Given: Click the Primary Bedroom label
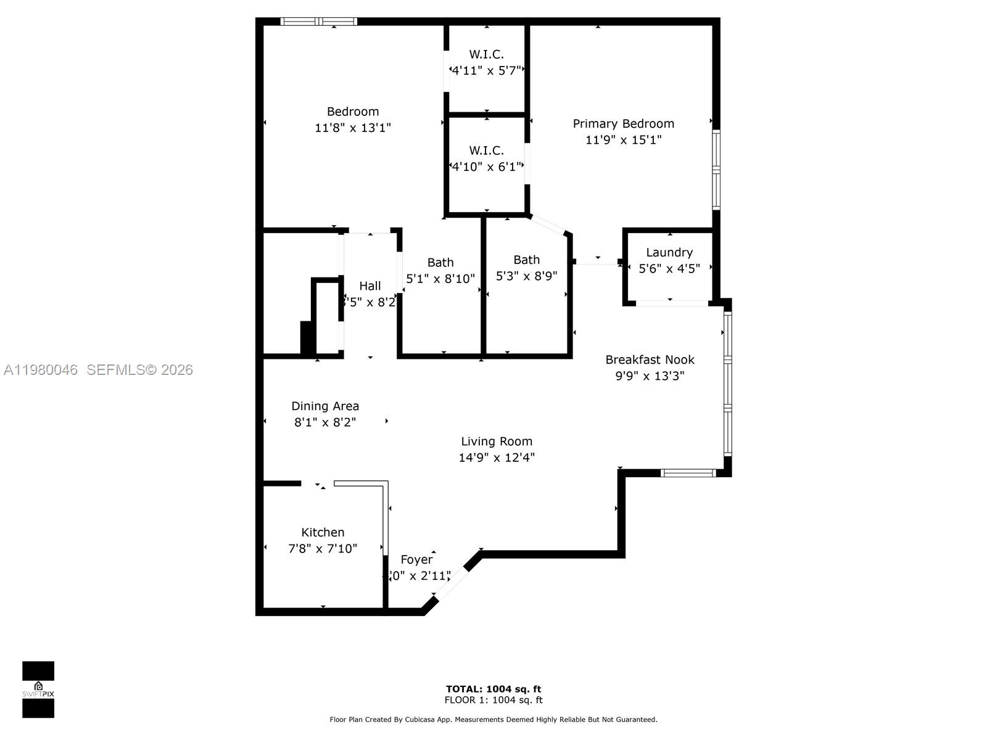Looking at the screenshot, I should [623, 123].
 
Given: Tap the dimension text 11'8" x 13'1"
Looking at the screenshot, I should [352, 128].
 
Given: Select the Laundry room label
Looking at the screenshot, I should [669, 252].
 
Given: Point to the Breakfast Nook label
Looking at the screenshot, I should [650, 360].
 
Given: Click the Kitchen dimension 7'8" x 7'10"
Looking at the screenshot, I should [323, 548].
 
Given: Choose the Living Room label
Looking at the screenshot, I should [497, 441].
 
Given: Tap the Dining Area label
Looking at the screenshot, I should [325, 406].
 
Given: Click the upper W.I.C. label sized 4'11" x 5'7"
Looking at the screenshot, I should [486, 54].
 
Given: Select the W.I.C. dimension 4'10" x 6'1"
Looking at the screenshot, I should [487, 166].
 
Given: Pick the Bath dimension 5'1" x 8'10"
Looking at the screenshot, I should [440, 279].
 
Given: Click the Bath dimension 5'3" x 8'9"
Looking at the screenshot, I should [526, 276].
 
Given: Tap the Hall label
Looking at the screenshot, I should [370, 286].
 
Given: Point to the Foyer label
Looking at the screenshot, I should [416, 559].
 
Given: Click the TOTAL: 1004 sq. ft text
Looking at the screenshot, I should [493, 689].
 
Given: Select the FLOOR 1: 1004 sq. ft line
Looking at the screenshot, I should [493, 700].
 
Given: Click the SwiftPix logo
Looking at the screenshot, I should [38, 689].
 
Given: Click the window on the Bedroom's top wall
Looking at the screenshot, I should [319, 22].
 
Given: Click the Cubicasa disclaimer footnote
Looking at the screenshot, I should [493, 720].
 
